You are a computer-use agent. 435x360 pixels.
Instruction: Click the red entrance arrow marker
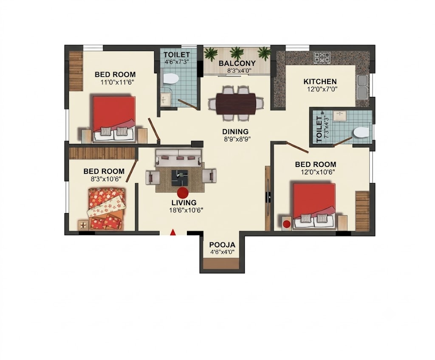coord(173,232)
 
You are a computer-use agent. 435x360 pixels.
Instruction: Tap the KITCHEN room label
coord(320,82)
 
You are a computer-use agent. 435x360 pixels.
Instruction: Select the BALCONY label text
coord(237,63)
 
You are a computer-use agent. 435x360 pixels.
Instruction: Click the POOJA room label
coord(222,245)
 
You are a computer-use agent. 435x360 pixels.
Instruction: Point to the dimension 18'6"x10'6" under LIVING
coord(186,210)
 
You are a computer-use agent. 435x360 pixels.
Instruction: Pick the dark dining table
coord(236,104)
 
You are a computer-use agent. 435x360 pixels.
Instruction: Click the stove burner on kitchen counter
coord(322,57)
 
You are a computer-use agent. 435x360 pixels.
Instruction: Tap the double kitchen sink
coord(363,87)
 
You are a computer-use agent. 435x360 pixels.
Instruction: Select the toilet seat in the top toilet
coord(170,79)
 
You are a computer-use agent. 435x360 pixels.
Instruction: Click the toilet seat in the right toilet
coord(361,132)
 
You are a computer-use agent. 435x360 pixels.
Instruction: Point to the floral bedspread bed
coord(106,208)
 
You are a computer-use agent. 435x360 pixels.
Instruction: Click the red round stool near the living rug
coord(183,193)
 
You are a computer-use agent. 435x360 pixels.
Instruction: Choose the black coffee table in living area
coord(180,178)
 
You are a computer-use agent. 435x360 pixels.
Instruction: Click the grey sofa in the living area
coord(179,157)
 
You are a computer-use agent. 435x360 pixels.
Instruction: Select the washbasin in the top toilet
coord(166,99)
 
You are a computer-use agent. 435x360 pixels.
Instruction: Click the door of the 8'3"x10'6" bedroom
coord(132,171)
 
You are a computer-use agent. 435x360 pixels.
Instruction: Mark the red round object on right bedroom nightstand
coord(287,224)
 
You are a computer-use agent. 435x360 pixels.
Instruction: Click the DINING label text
coord(235,132)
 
